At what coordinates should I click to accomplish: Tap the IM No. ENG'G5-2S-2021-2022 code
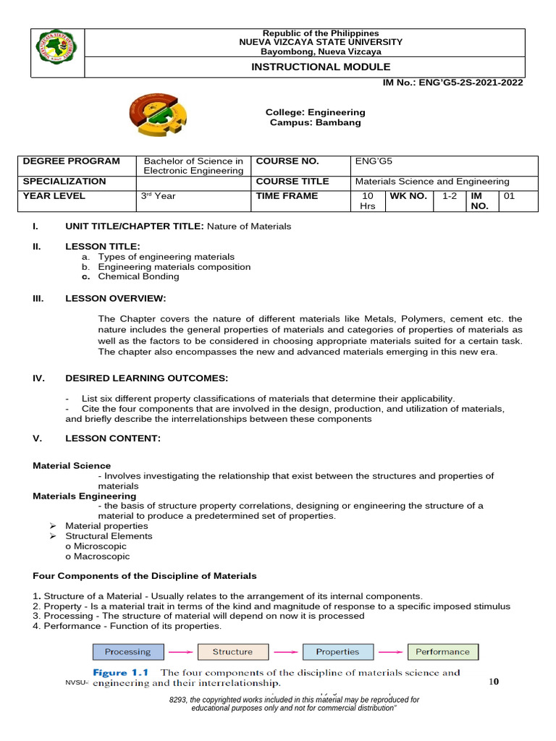(x=452, y=82)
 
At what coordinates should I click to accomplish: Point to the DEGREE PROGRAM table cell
(x=71, y=161)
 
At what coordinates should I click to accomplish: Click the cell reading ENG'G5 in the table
(x=369, y=161)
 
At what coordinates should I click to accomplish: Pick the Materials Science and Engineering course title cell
(x=432, y=182)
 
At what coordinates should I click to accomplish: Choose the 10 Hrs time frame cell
(x=368, y=201)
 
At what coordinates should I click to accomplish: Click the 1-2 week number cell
(x=449, y=196)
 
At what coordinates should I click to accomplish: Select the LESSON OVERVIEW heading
(x=115, y=298)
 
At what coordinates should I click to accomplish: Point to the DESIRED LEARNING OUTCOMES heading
(x=146, y=378)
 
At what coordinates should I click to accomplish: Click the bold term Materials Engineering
(x=84, y=496)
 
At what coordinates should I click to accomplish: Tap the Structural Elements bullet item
(x=109, y=536)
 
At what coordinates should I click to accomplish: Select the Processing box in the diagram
(x=127, y=652)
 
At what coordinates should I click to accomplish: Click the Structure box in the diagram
(x=232, y=652)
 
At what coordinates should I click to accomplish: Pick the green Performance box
(x=442, y=652)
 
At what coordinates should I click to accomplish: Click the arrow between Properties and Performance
(x=389, y=652)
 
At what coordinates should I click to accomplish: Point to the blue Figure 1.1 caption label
(x=122, y=672)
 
